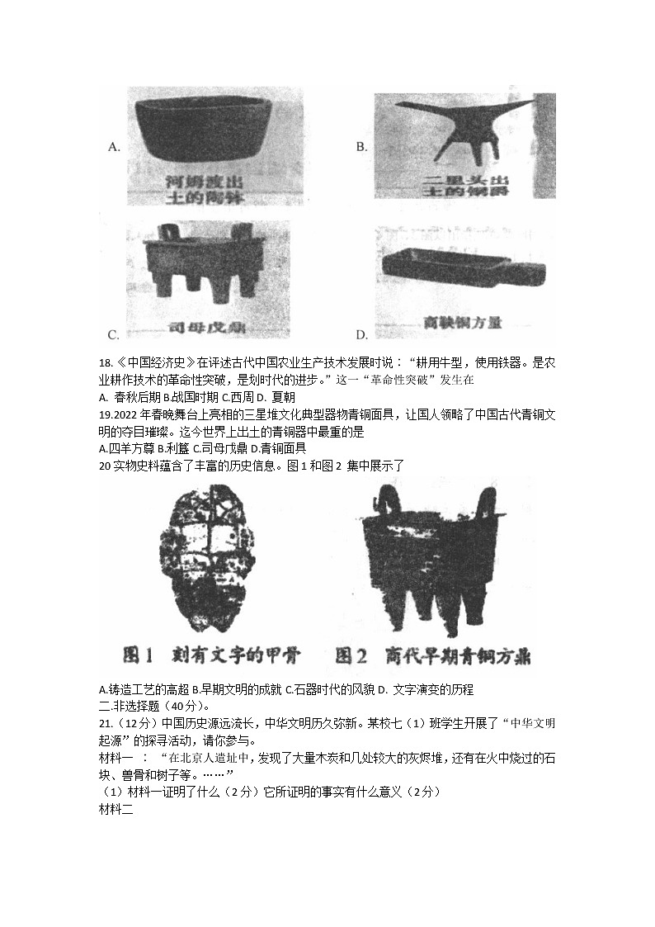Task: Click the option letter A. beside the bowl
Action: tap(115, 147)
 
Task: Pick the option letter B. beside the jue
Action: tap(361, 147)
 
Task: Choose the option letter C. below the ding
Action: tap(114, 334)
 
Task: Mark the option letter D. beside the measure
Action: tap(361, 334)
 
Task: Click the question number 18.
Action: tap(104, 359)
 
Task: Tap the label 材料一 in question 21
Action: tap(115, 756)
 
